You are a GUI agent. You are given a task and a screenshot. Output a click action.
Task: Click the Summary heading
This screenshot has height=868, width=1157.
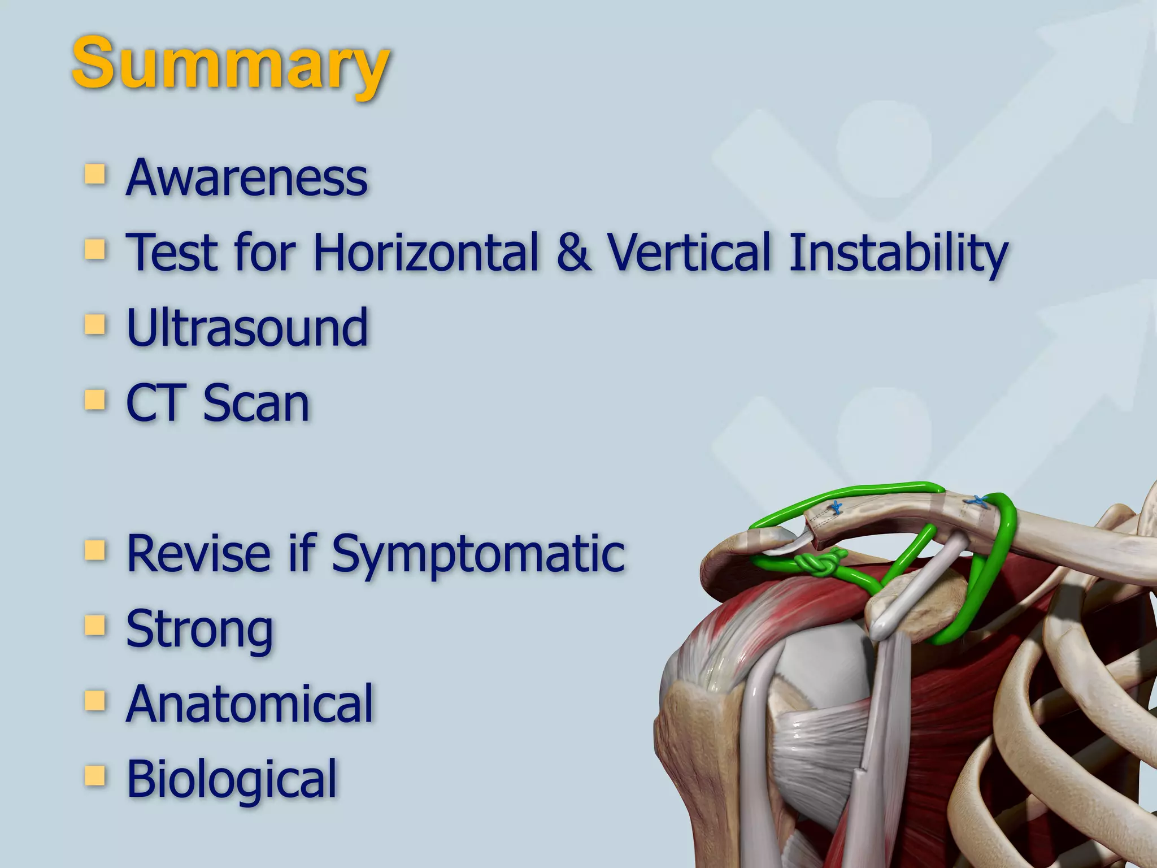pos(230,63)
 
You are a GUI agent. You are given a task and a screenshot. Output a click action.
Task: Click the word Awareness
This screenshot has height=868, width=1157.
pos(247,178)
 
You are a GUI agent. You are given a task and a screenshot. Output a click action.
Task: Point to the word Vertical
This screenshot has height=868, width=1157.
pos(689,252)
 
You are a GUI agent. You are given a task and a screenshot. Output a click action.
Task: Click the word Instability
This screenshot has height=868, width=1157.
pos(898,253)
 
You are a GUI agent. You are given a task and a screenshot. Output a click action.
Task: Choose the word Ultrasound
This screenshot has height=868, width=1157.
pos(247,328)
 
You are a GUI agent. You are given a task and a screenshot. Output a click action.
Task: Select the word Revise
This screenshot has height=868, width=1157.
pos(198,553)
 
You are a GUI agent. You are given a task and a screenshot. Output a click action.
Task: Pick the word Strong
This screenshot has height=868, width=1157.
pos(199,630)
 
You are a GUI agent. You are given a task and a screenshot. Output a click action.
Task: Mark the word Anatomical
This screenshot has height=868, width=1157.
pos(250,704)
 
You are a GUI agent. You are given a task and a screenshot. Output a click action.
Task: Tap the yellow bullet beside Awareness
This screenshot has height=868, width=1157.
pos(95,175)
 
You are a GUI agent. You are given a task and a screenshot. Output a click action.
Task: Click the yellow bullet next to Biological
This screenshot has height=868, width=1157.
pos(95,776)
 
